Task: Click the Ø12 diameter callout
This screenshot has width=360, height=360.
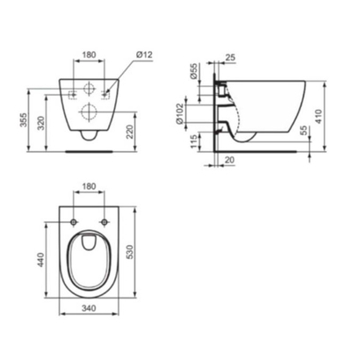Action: click(144, 54)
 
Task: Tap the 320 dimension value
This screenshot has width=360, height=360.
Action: click(41, 123)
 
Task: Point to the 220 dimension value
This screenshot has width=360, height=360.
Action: click(131, 132)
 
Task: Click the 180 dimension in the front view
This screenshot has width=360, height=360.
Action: click(89, 54)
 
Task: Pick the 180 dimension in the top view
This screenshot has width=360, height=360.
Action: click(89, 186)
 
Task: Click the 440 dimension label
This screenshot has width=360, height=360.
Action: click(40, 260)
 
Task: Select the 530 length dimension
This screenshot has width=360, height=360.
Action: click(129, 252)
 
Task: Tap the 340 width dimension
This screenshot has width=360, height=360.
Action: click(89, 308)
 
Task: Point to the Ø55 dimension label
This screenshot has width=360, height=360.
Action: click(193, 71)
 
